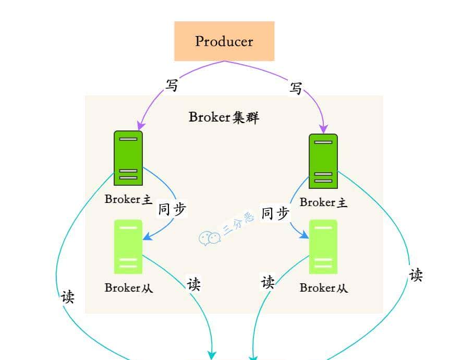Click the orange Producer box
point(224,41)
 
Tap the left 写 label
point(172,85)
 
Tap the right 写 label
point(296,89)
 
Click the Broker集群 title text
point(224,117)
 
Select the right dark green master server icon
point(323,161)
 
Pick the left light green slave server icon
point(128,247)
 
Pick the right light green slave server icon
point(323,247)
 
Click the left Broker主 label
point(128,199)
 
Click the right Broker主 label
point(323,202)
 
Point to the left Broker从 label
point(129,287)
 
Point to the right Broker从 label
point(323,287)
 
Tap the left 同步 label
point(172,209)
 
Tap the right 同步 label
point(275,213)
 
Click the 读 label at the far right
point(416,275)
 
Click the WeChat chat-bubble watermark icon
point(210,238)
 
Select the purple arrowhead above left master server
point(140,126)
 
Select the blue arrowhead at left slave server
point(147,237)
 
